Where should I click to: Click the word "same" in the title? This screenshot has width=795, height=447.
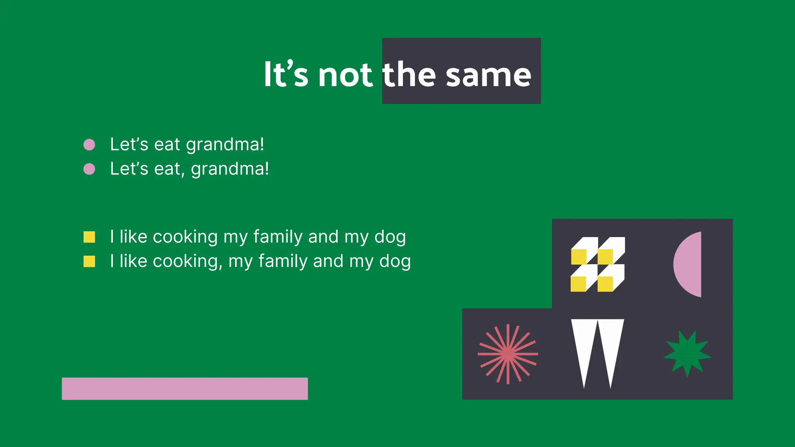click(488, 75)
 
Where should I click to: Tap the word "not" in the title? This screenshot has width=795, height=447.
click(345, 75)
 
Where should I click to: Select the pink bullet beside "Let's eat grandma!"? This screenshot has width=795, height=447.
click(89, 145)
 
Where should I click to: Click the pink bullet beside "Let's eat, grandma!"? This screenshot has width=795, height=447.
click(89, 169)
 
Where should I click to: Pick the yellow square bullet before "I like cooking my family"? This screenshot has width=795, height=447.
click(89, 237)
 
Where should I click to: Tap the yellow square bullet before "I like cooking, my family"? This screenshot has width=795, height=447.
click(89, 262)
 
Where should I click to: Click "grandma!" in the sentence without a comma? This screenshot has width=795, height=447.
click(225, 145)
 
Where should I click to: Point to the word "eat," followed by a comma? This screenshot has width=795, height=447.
click(169, 169)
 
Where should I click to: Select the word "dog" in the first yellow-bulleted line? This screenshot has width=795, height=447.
click(390, 237)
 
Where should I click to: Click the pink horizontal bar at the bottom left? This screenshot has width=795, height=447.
click(185, 388)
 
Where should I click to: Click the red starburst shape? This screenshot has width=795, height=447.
click(508, 354)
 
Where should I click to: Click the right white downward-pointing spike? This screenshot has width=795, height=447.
click(611, 345)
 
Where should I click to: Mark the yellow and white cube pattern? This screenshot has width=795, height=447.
click(597, 264)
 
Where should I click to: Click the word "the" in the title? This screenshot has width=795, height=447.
click(409, 74)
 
